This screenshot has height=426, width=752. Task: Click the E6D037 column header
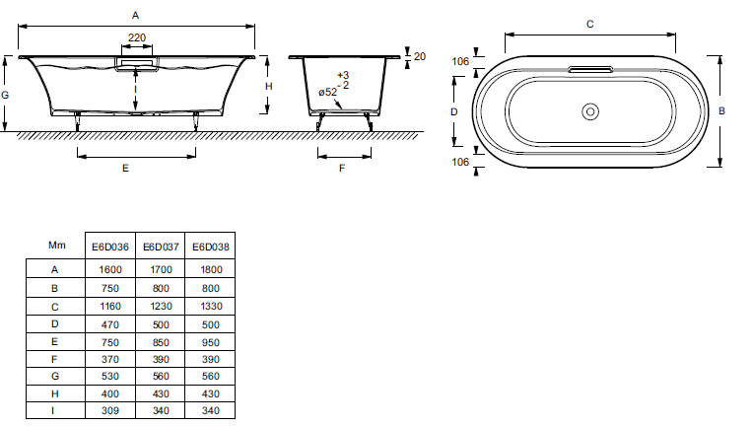coord(161,247)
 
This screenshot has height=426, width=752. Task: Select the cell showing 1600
coord(110,269)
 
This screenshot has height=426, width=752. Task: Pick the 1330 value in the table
coord(211,306)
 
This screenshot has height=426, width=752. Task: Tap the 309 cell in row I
coord(110,410)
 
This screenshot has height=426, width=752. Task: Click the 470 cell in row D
coord(110,324)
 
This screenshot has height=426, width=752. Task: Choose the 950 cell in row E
coord(211,342)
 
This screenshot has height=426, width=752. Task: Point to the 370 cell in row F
coord(110,359)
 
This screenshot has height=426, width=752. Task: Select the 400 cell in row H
coord(110,393)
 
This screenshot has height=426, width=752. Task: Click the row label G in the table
coord(54,377)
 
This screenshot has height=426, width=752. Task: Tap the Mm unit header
coord(56,246)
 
